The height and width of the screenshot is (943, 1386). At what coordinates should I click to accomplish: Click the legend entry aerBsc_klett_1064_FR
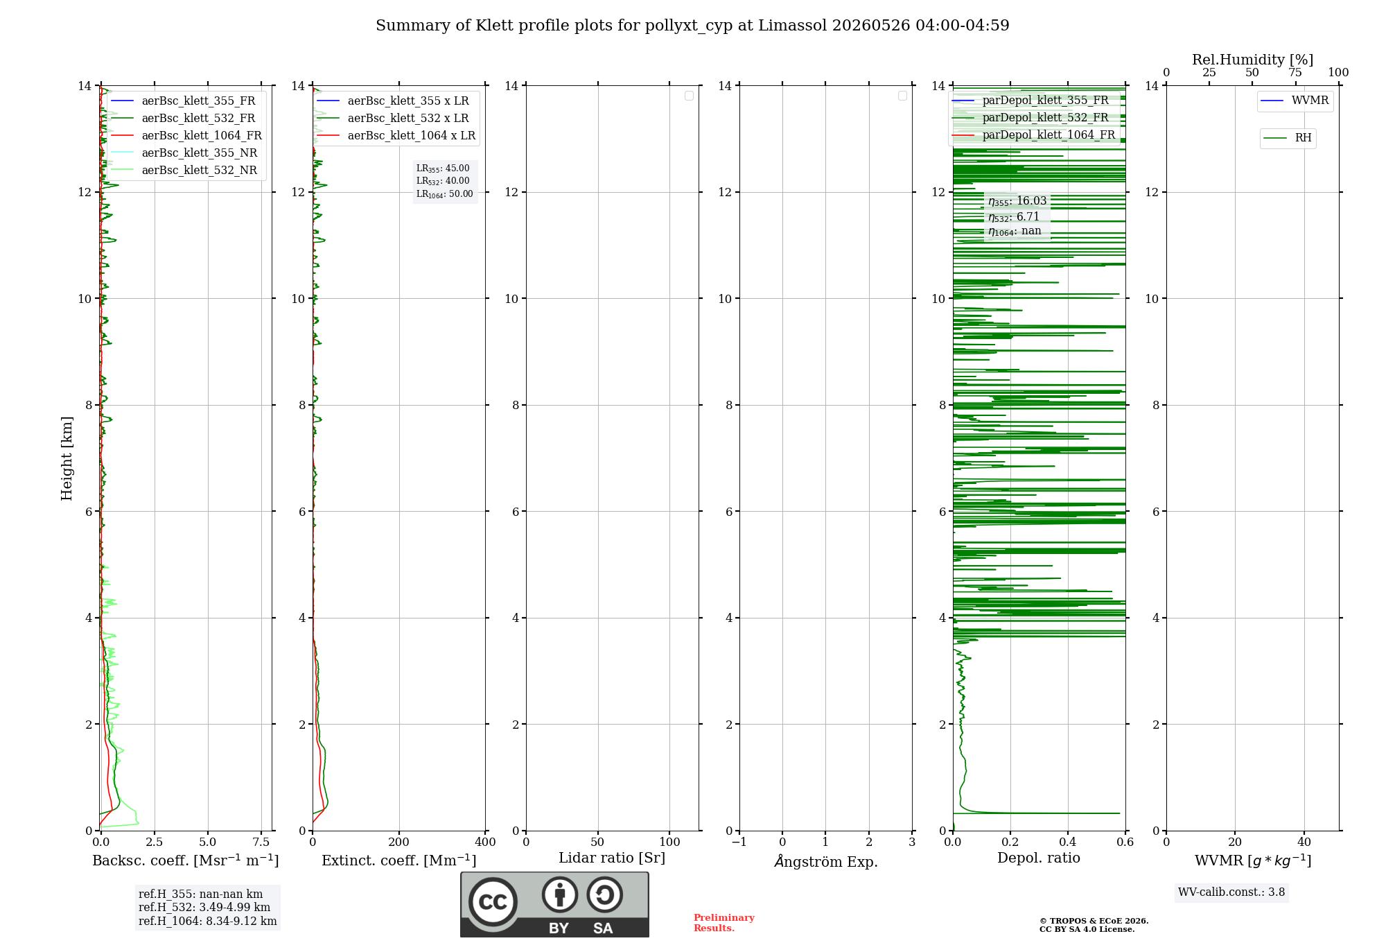(186, 136)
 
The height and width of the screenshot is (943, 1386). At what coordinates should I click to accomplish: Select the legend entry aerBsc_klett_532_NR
(184, 171)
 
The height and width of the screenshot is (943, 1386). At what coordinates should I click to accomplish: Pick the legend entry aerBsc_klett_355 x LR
(393, 101)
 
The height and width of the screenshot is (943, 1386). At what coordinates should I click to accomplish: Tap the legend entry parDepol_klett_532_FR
(1030, 118)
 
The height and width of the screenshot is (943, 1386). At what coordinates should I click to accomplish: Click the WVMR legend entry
(1295, 101)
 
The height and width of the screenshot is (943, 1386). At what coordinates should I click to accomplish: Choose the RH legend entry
(1288, 138)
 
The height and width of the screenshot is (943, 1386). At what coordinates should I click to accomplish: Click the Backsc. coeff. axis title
(186, 860)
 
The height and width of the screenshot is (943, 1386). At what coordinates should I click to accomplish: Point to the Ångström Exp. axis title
(826, 861)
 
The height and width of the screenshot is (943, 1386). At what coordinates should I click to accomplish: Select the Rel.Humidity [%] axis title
(1253, 60)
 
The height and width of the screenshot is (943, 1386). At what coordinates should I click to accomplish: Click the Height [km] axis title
(67, 458)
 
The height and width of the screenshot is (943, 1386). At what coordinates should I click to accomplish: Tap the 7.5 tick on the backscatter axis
(261, 842)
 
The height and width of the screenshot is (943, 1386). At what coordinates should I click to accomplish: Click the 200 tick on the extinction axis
(399, 842)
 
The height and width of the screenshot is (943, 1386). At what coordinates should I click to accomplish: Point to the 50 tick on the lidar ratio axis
(598, 842)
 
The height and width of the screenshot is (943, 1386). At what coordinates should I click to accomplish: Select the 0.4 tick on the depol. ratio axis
(1068, 842)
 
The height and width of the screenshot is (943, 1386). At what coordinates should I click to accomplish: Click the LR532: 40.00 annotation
(443, 181)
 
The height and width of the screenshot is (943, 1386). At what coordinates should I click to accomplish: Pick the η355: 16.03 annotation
(1017, 201)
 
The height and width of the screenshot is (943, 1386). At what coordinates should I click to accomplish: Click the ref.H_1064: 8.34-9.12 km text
(208, 922)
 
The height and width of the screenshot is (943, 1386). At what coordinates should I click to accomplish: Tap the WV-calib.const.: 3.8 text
(1231, 892)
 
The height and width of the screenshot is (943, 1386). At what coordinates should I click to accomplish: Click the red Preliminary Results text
(724, 923)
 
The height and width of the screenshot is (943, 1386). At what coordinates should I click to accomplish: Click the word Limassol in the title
(793, 26)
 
